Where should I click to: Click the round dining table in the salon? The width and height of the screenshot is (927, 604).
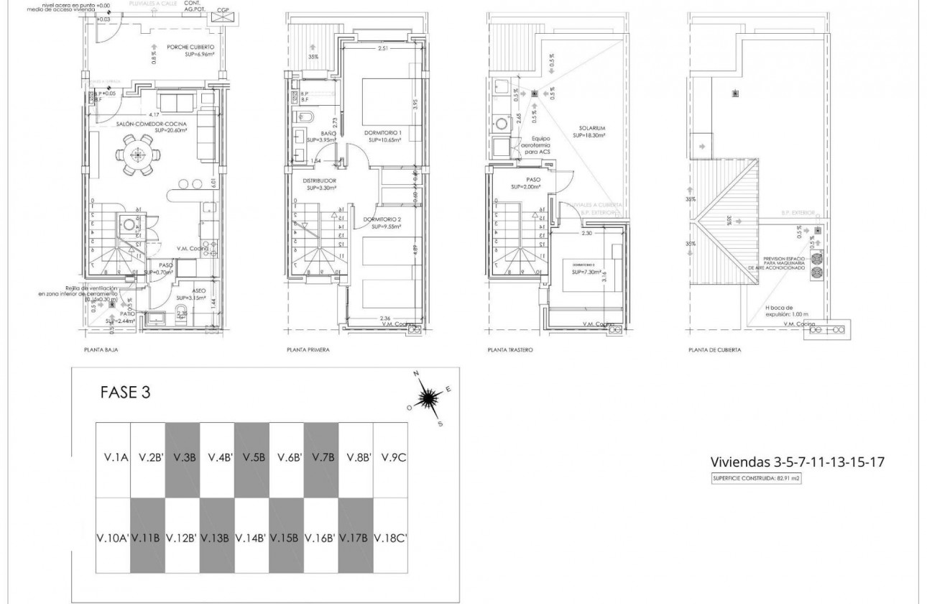(x=137, y=156)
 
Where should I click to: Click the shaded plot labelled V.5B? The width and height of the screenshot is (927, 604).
(x=252, y=457)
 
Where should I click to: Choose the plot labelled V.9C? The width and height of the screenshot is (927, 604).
(x=394, y=457)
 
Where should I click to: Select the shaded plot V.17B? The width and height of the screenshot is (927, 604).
(x=356, y=537)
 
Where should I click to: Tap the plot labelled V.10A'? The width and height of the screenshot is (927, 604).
(x=112, y=537)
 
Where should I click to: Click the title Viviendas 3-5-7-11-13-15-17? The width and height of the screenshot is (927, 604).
(x=797, y=462)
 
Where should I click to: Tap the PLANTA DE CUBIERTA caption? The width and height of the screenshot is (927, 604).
(x=714, y=350)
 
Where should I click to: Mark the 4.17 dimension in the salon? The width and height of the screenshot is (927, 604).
(x=154, y=114)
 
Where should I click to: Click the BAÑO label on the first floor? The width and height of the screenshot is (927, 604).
(x=328, y=134)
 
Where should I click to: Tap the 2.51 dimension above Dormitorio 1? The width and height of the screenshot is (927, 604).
(x=383, y=50)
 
